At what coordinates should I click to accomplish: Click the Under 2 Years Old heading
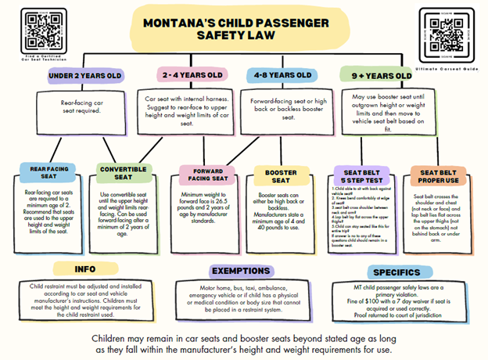pos(84,76)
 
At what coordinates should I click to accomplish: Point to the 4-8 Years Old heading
pos(283,76)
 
